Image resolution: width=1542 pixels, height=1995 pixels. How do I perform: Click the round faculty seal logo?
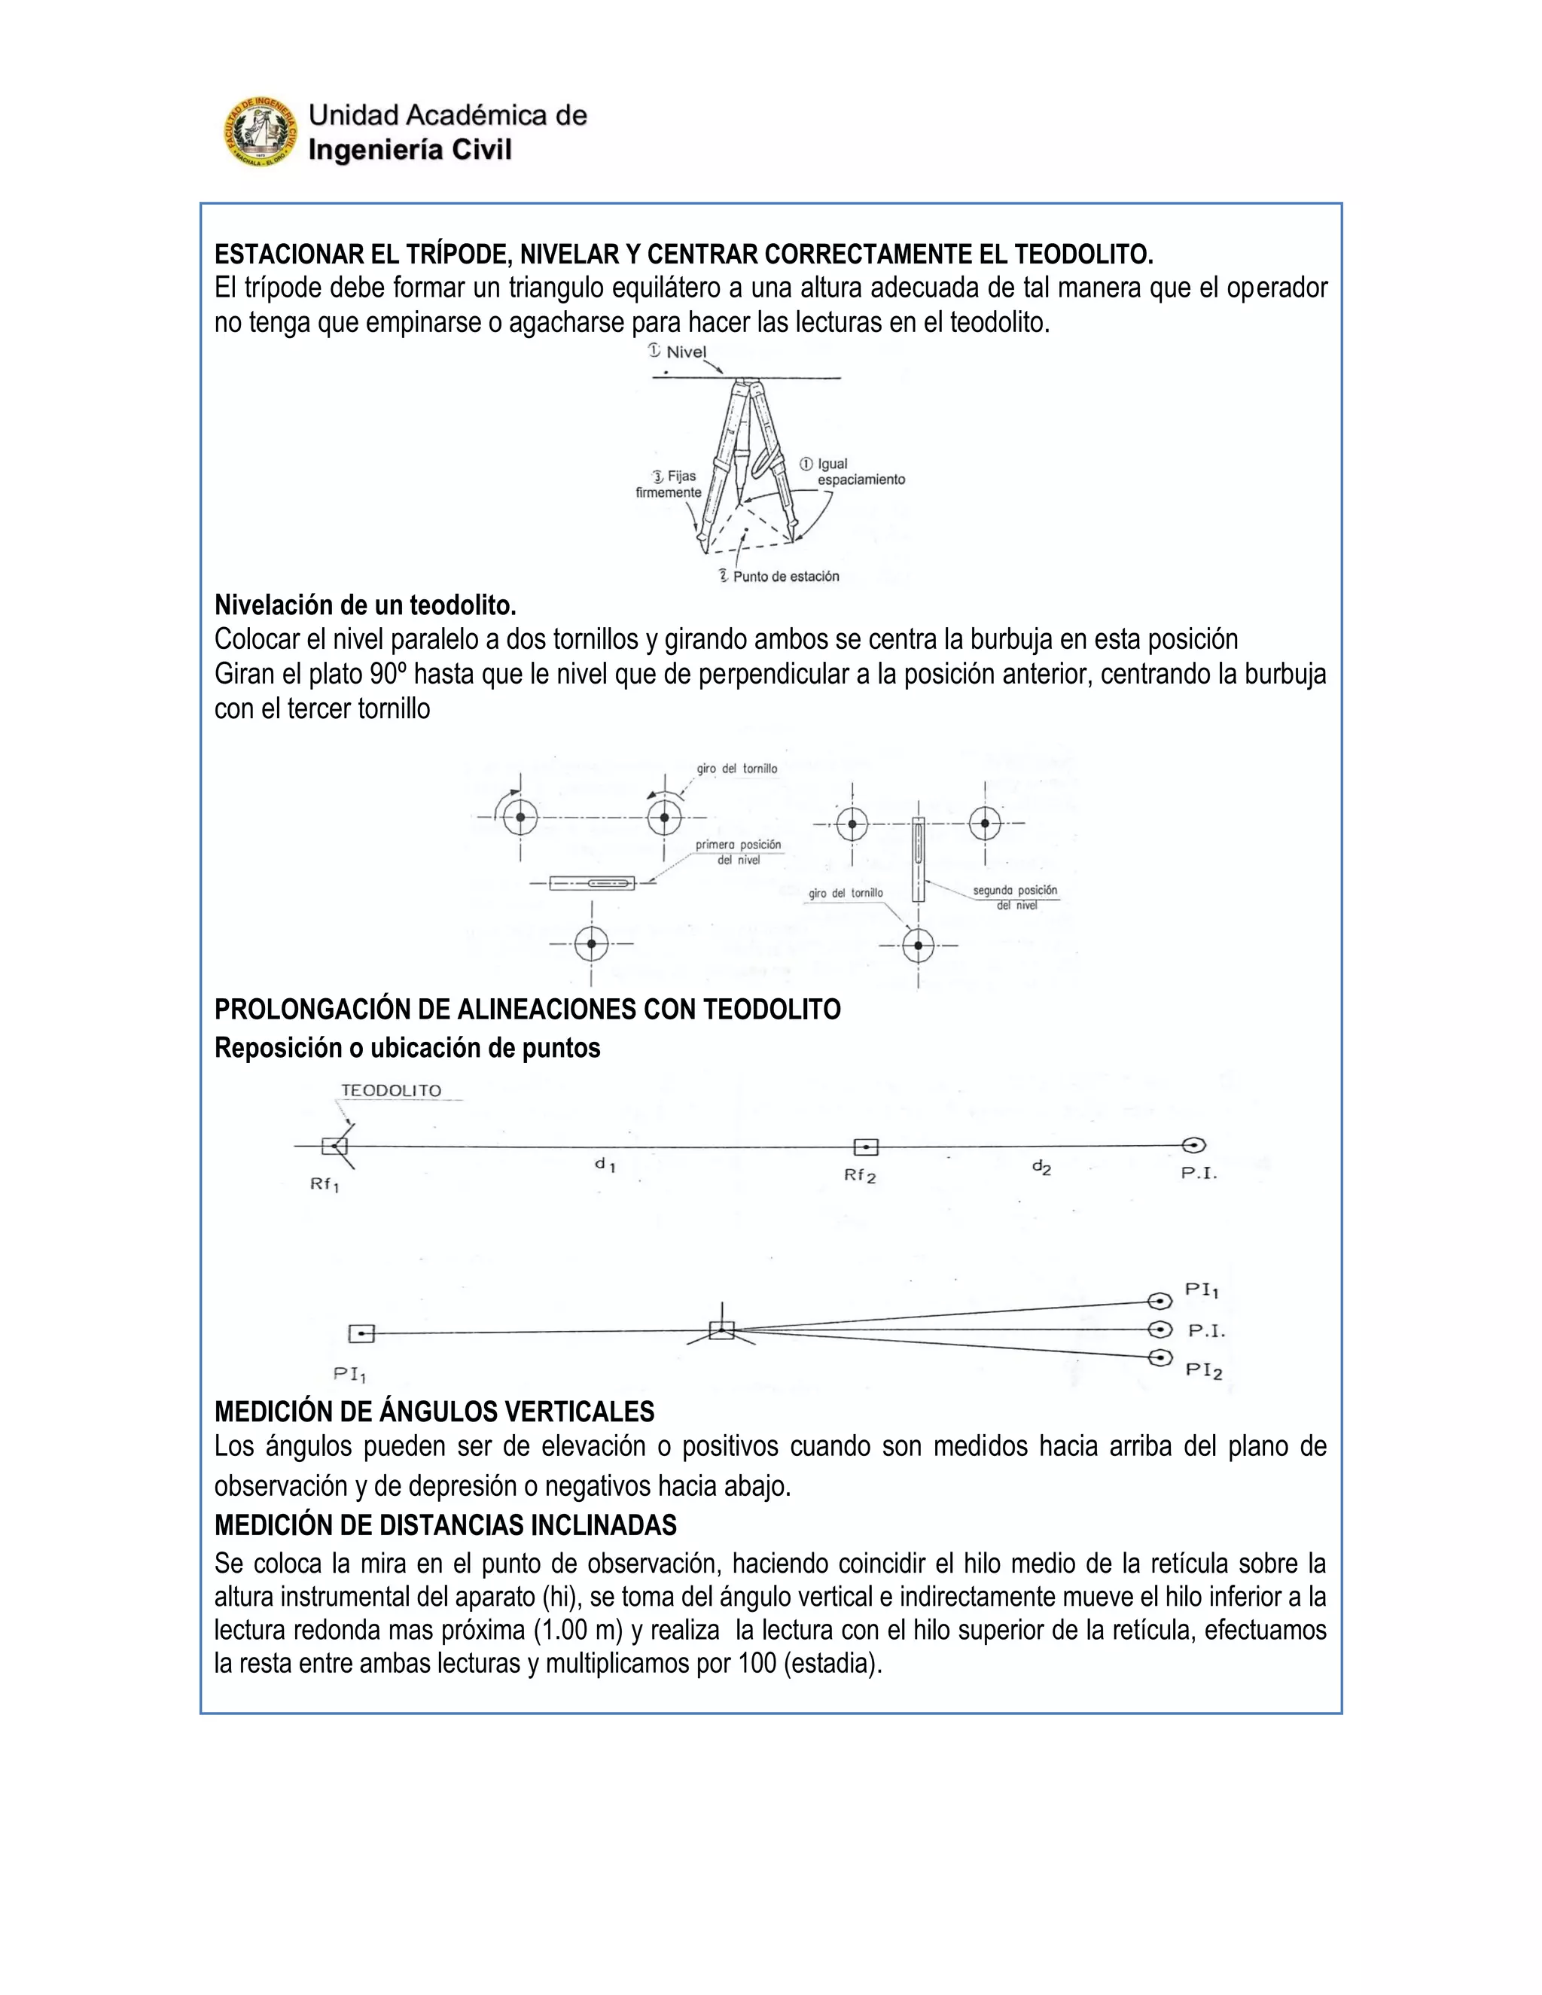coord(261,132)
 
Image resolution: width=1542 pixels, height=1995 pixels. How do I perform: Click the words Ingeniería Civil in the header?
coord(410,150)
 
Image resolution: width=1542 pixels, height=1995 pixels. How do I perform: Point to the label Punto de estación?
coord(785,577)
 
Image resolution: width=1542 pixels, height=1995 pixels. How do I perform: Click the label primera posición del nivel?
coord(738,852)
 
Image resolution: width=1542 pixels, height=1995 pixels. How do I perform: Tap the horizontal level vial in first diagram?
coord(592,883)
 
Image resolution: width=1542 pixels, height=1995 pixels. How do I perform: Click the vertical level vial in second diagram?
coord(918,859)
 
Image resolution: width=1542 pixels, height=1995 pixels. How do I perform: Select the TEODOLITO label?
coord(391,1091)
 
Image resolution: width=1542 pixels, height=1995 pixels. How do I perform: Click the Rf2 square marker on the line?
coord(865,1147)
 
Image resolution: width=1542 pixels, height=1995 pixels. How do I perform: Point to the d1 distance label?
coord(605,1165)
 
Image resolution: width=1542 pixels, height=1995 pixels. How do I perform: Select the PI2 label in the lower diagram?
coord(1203,1370)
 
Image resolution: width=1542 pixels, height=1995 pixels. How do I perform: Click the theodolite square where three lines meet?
coord(721,1331)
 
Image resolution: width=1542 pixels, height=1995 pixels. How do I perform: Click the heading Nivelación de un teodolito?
coord(365,605)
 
